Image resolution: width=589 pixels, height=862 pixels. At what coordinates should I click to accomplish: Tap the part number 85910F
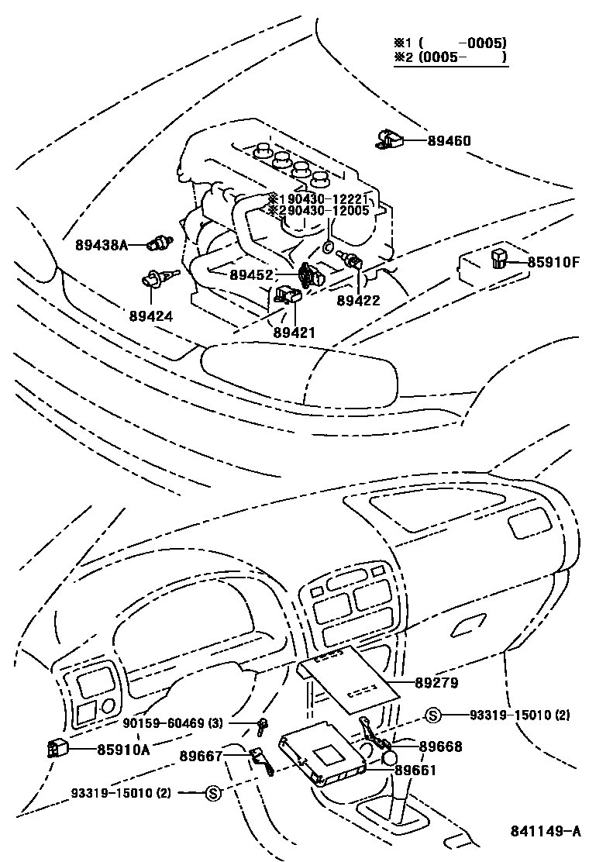(x=553, y=262)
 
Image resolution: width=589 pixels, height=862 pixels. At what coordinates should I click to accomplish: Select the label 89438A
(x=101, y=245)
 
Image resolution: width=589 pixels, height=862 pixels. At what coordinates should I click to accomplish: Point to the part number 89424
(x=151, y=316)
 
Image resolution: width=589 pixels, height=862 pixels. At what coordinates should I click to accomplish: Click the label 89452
(x=250, y=274)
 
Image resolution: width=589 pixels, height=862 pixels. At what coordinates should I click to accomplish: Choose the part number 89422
(x=358, y=300)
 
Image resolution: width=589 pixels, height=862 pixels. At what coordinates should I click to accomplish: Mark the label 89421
(x=294, y=332)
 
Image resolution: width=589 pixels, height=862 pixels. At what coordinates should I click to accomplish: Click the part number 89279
(x=437, y=683)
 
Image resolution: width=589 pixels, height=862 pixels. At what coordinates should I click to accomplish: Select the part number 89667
(x=201, y=756)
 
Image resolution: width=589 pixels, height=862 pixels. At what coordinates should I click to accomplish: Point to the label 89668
(x=440, y=746)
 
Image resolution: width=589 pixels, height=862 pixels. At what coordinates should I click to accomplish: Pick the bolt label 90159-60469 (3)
(x=173, y=723)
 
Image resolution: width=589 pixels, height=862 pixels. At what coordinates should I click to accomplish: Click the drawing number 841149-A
(x=545, y=832)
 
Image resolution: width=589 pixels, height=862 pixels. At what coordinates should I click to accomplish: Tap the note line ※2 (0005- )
(x=450, y=57)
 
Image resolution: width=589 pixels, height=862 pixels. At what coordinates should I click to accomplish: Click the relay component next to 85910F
(x=498, y=258)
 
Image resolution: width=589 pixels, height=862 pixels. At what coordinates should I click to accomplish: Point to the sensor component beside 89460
(x=388, y=139)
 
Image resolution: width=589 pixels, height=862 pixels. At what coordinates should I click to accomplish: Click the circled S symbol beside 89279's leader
(x=433, y=714)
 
